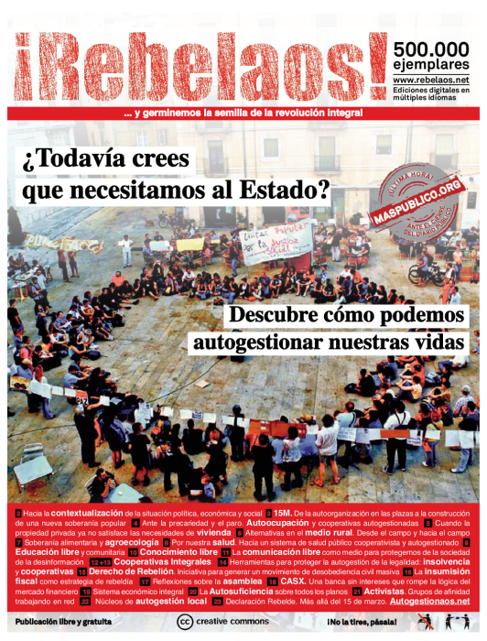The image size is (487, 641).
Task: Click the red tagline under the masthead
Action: pos(243,114)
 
